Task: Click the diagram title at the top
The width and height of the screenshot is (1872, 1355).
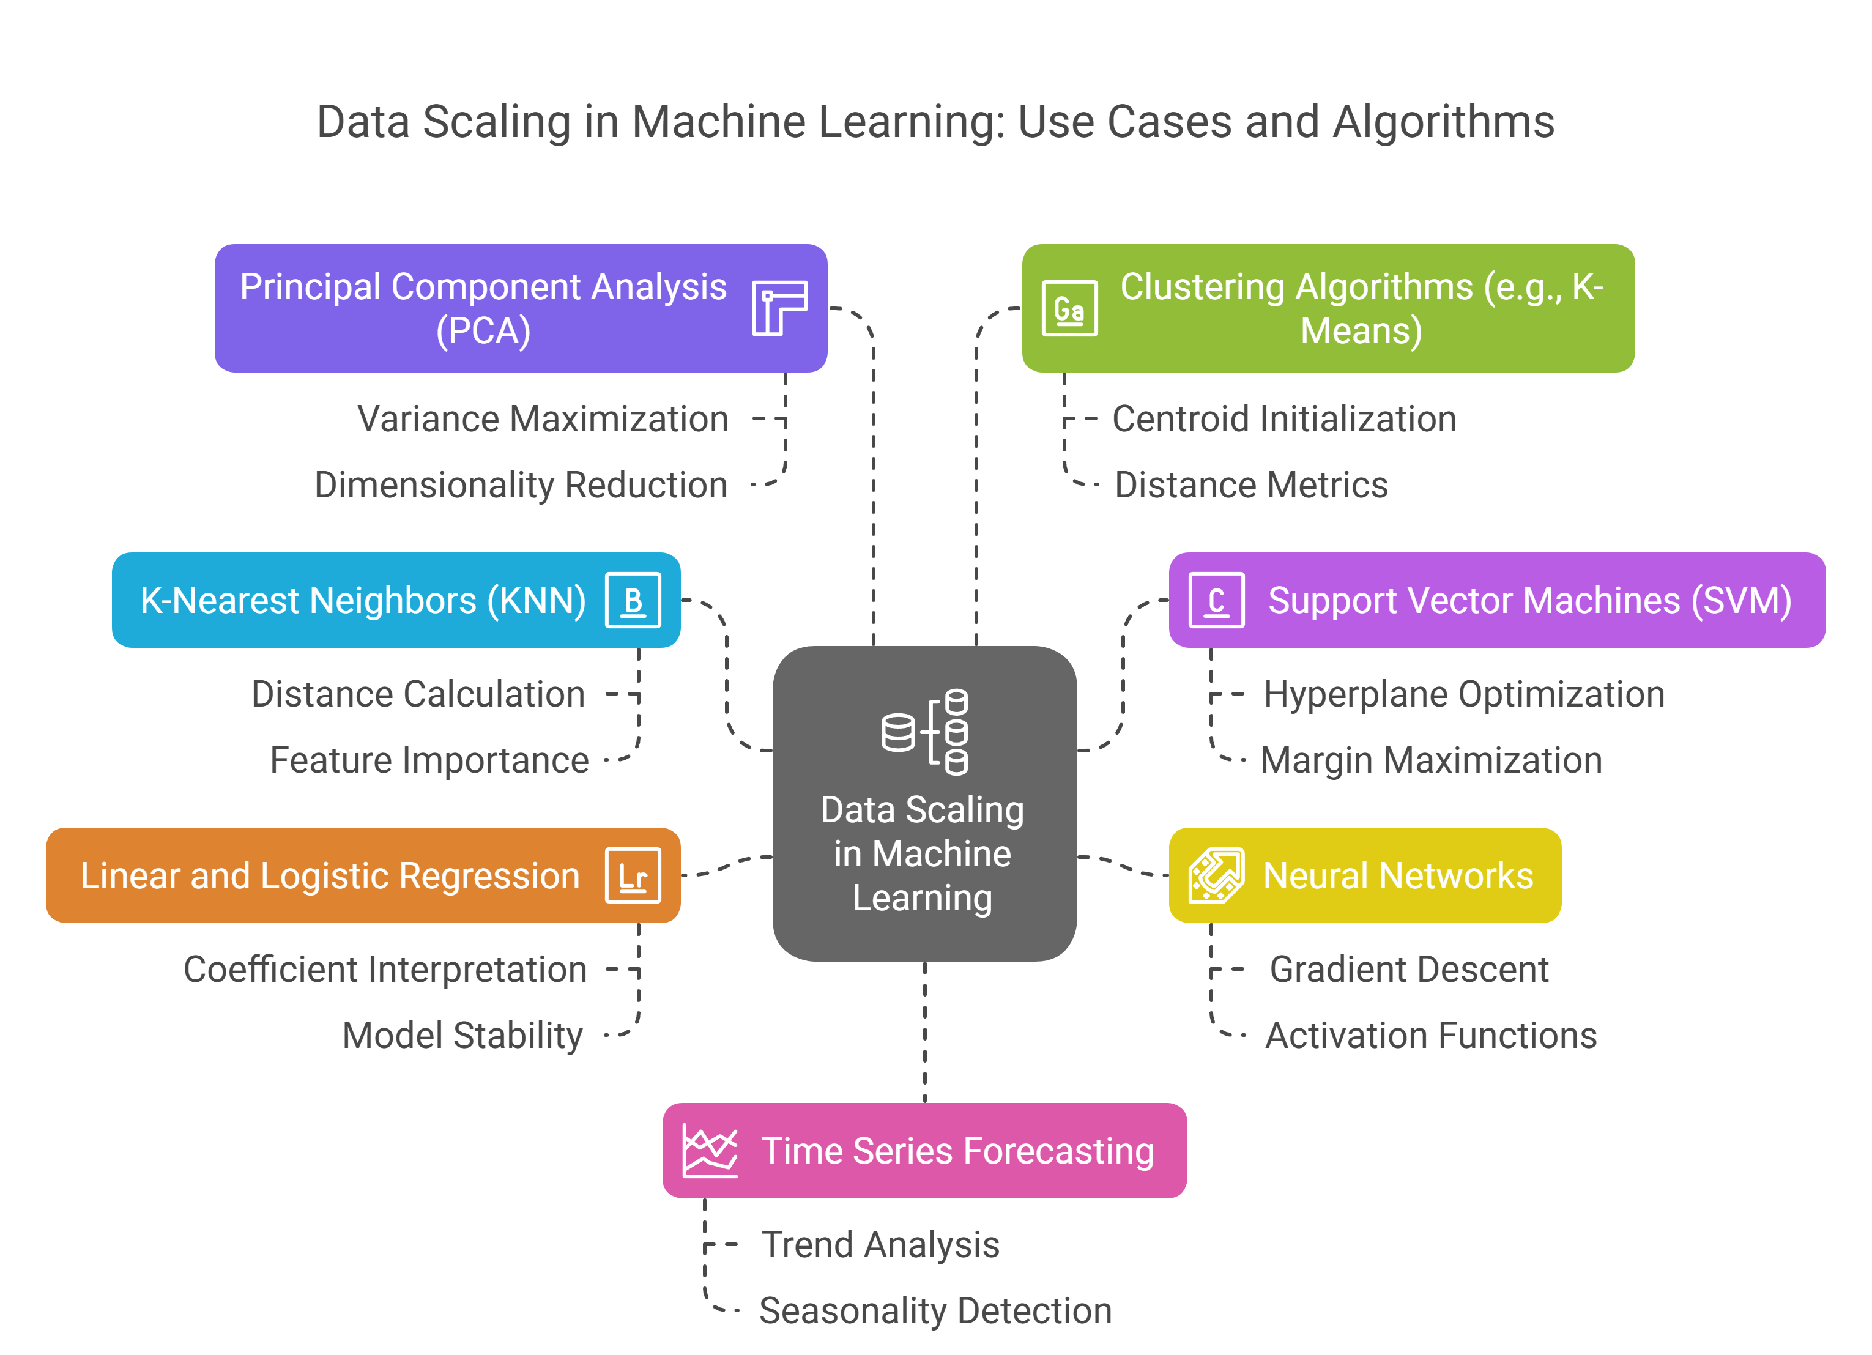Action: (x=935, y=122)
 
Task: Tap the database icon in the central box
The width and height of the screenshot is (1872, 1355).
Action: (x=924, y=731)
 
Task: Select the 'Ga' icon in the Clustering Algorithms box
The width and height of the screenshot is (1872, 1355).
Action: (x=1070, y=309)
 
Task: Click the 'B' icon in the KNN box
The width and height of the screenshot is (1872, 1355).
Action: (x=633, y=600)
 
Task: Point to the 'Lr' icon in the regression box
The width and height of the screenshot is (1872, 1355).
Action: (x=633, y=875)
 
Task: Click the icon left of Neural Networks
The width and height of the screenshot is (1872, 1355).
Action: (x=1216, y=875)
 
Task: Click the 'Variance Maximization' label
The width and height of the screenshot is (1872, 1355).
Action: (x=543, y=419)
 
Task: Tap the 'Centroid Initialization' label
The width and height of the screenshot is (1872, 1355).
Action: (x=1283, y=419)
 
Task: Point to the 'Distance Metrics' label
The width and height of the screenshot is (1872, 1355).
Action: (x=1250, y=485)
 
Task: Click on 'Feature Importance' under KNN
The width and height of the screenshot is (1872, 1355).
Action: (x=429, y=760)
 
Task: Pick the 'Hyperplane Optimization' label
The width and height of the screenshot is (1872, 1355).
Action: (x=1463, y=694)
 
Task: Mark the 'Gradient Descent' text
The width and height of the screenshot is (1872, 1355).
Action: (x=1408, y=970)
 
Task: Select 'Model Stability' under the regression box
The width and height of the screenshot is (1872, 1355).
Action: (x=462, y=1036)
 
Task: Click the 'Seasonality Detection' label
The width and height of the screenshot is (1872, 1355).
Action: (x=935, y=1310)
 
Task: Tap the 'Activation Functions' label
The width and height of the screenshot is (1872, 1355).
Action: (x=1430, y=1036)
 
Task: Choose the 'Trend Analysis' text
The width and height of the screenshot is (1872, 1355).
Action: (x=880, y=1244)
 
